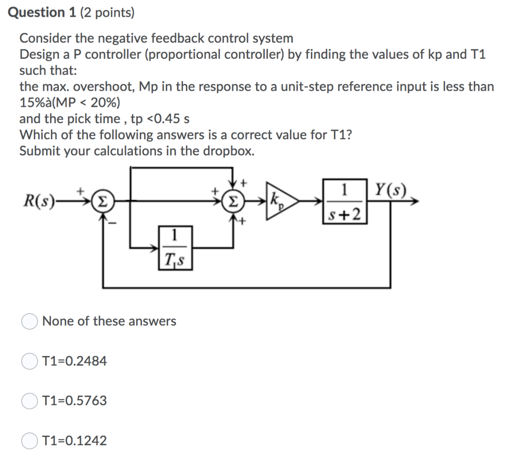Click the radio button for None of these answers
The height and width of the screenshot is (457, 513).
pos(29,321)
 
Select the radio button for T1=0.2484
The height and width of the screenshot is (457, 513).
pos(29,361)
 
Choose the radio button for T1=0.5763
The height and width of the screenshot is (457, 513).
pos(29,401)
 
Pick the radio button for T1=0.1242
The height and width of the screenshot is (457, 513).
pos(29,441)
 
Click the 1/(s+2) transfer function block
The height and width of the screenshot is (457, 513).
pos(345,201)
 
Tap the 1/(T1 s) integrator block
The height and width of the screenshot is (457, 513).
pos(176,248)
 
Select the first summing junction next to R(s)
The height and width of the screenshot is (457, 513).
pos(103,201)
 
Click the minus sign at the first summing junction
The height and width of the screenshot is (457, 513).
pos(112,223)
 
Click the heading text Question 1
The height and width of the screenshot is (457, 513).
pos(42,12)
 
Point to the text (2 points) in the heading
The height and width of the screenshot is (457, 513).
pos(107,13)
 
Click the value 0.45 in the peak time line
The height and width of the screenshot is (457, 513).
pos(167,119)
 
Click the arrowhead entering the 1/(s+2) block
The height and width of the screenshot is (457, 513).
pos(319,201)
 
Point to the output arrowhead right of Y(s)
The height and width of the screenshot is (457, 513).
pos(414,201)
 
